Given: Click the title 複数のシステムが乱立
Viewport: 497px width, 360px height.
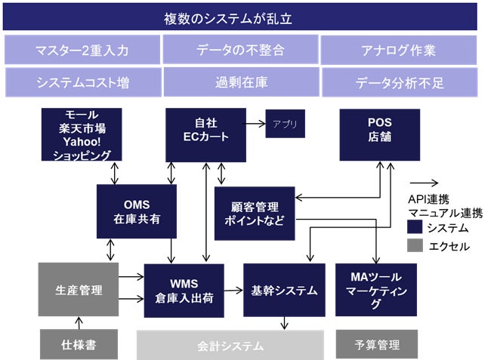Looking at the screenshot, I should [239, 17].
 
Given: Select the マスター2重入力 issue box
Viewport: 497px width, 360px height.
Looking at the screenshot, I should [82, 50].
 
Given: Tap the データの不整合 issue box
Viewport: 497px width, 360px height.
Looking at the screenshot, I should [240, 50].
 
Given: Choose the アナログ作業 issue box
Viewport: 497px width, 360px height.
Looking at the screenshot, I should [398, 50].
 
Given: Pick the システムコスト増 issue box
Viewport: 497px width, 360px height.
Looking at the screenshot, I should [82, 82].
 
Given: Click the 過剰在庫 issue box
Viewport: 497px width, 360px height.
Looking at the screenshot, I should [240, 82].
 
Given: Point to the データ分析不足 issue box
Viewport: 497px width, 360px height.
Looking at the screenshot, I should [398, 82].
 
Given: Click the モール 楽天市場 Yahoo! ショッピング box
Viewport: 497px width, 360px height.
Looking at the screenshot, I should [82, 134].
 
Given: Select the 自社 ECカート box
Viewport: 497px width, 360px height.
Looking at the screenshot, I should [205, 134].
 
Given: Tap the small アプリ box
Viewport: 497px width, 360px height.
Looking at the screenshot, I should [285, 124].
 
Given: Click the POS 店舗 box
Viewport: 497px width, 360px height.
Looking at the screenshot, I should [378, 134].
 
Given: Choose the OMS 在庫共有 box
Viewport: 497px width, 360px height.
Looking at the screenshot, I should [137, 211].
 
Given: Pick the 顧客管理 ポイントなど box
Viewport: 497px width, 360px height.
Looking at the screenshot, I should [254, 214].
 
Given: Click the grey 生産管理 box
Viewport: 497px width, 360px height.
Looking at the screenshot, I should [79, 289].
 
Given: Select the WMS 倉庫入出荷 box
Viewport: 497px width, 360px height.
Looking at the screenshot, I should [184, 290].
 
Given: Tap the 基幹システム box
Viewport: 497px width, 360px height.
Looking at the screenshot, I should [284, 290].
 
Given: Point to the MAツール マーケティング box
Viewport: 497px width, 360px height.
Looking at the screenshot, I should [376, 290].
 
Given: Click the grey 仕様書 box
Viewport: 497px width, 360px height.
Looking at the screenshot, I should [79, 345].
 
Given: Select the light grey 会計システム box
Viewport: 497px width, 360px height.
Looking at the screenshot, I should [230, 346].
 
